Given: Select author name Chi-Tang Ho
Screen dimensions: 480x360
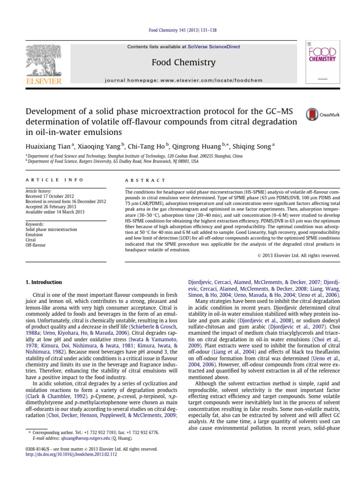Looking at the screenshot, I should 142,147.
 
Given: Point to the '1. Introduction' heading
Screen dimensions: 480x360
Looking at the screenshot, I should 43,282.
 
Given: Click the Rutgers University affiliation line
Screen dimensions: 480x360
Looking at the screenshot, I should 112,161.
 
